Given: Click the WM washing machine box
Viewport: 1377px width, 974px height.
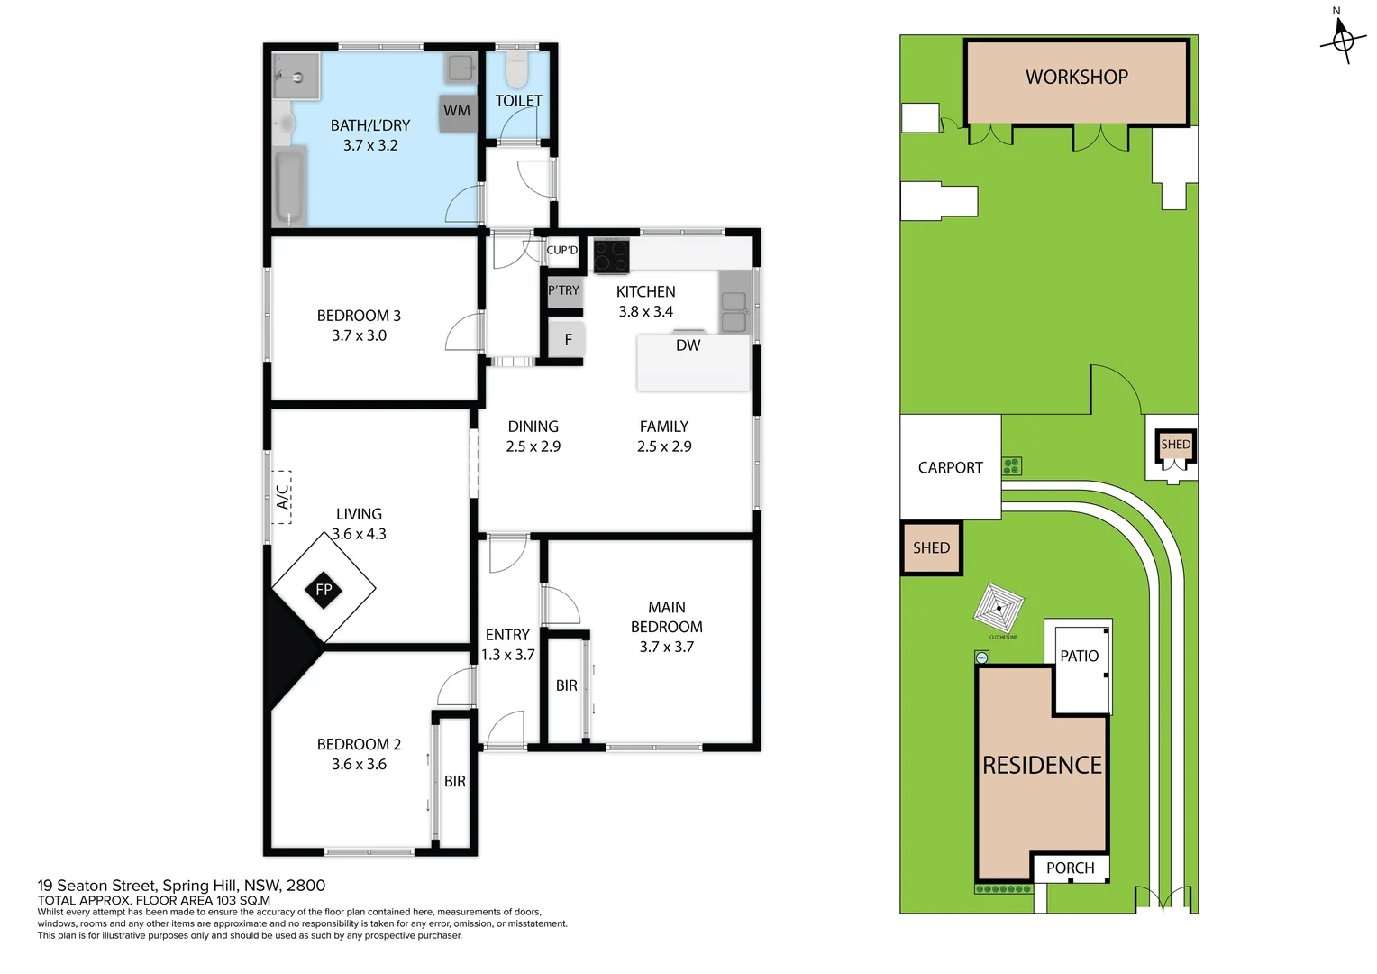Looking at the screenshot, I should pyautogui.click(x=457, y=112).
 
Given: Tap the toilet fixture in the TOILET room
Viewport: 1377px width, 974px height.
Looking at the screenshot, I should pyautogui.click(x=517, y=69).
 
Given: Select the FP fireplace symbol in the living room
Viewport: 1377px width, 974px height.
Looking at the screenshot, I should pyautogui.click(x=324, y=590).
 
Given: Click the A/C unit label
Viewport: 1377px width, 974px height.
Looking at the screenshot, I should pyautogui.click(x=282, y=497).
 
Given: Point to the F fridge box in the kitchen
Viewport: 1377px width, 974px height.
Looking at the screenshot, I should pyautogui.click(x=568, y=340).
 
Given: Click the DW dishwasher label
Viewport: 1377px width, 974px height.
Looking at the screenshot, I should pyautogui.click(x=688, y=345).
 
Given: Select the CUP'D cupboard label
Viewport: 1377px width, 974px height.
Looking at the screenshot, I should pyautogui.click(x=562, y=251).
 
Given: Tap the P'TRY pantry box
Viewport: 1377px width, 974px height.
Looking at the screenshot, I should pyautogui.click(x=564, y=291).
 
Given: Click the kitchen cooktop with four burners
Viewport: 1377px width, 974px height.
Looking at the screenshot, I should pyautogui.click(x=611, y=256).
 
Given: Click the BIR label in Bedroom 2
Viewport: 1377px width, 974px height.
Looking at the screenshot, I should pyautogui.click(x=455, y=782).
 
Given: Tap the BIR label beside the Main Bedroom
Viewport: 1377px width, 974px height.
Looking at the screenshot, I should pyautogui.click(x=567, y=686).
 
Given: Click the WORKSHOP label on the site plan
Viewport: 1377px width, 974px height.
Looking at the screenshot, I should pyautogui.click(x=1077, y=78).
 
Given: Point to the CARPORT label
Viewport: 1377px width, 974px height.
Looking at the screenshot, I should pyautogui.click(x=950, y=468).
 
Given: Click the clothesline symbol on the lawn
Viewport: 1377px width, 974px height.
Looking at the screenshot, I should pyautogui.click(x=999, y=609).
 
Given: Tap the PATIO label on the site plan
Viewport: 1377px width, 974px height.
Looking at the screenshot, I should pyautogui.click(x=1079, y=657).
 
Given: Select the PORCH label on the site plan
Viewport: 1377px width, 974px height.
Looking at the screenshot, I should pyautogui.click(x=1070, y=868).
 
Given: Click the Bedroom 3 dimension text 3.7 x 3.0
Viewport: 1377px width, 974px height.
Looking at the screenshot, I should pyautogui.click(x=359, y=335).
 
